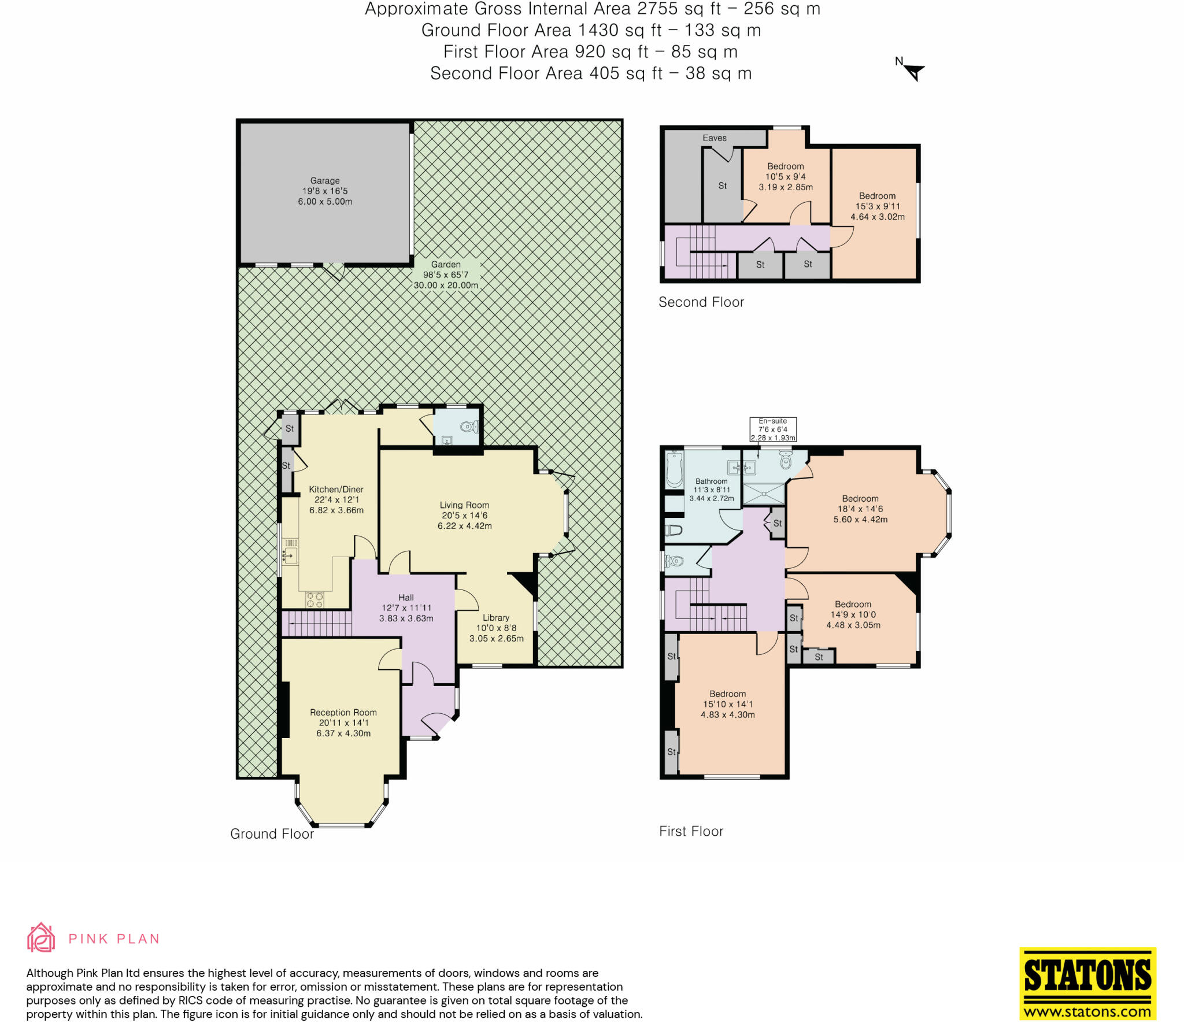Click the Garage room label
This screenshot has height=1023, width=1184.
click(325, 191)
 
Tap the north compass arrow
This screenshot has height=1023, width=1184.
click(915, 73)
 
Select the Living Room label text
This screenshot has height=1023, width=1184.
click(464, 515)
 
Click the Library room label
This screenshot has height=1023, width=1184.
click(496, 628)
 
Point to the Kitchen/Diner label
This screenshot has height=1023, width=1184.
click(336, 500)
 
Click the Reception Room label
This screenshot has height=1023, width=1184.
click(343, 723)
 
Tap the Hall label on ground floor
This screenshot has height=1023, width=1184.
click(406, 608)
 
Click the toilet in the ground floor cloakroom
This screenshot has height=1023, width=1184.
click(469, 427)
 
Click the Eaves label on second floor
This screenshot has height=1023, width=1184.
click(715, 138)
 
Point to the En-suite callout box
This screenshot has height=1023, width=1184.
click(773, 429)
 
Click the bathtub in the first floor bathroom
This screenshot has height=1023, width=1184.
click(674, 469)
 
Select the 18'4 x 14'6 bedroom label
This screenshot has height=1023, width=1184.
click(860, 509)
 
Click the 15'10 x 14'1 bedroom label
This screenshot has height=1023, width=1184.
click(728, 704)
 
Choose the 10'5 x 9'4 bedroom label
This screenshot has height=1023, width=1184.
click(786, 176)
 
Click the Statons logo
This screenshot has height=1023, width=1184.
click(1087, 983)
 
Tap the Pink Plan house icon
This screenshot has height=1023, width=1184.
click(41, 937)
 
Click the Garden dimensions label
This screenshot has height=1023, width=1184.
click(446, 275)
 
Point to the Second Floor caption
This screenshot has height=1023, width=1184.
click(701, 302)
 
